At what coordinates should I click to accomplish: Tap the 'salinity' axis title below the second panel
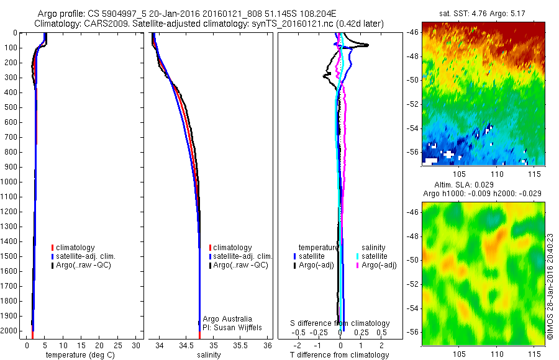tap(209, 355)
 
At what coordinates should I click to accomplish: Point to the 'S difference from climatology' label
tap(340, 323)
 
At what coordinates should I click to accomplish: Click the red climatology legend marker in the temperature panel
tap(53, 248)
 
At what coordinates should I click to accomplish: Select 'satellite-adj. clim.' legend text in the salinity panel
tap(243, 256)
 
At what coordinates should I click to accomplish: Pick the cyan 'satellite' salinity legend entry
tap(375, 256)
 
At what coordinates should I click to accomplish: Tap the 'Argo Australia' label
tap(227, 318)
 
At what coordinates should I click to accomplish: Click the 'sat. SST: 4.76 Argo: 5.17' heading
tap(483, 12)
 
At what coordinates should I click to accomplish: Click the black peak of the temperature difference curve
tap(367, 45)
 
